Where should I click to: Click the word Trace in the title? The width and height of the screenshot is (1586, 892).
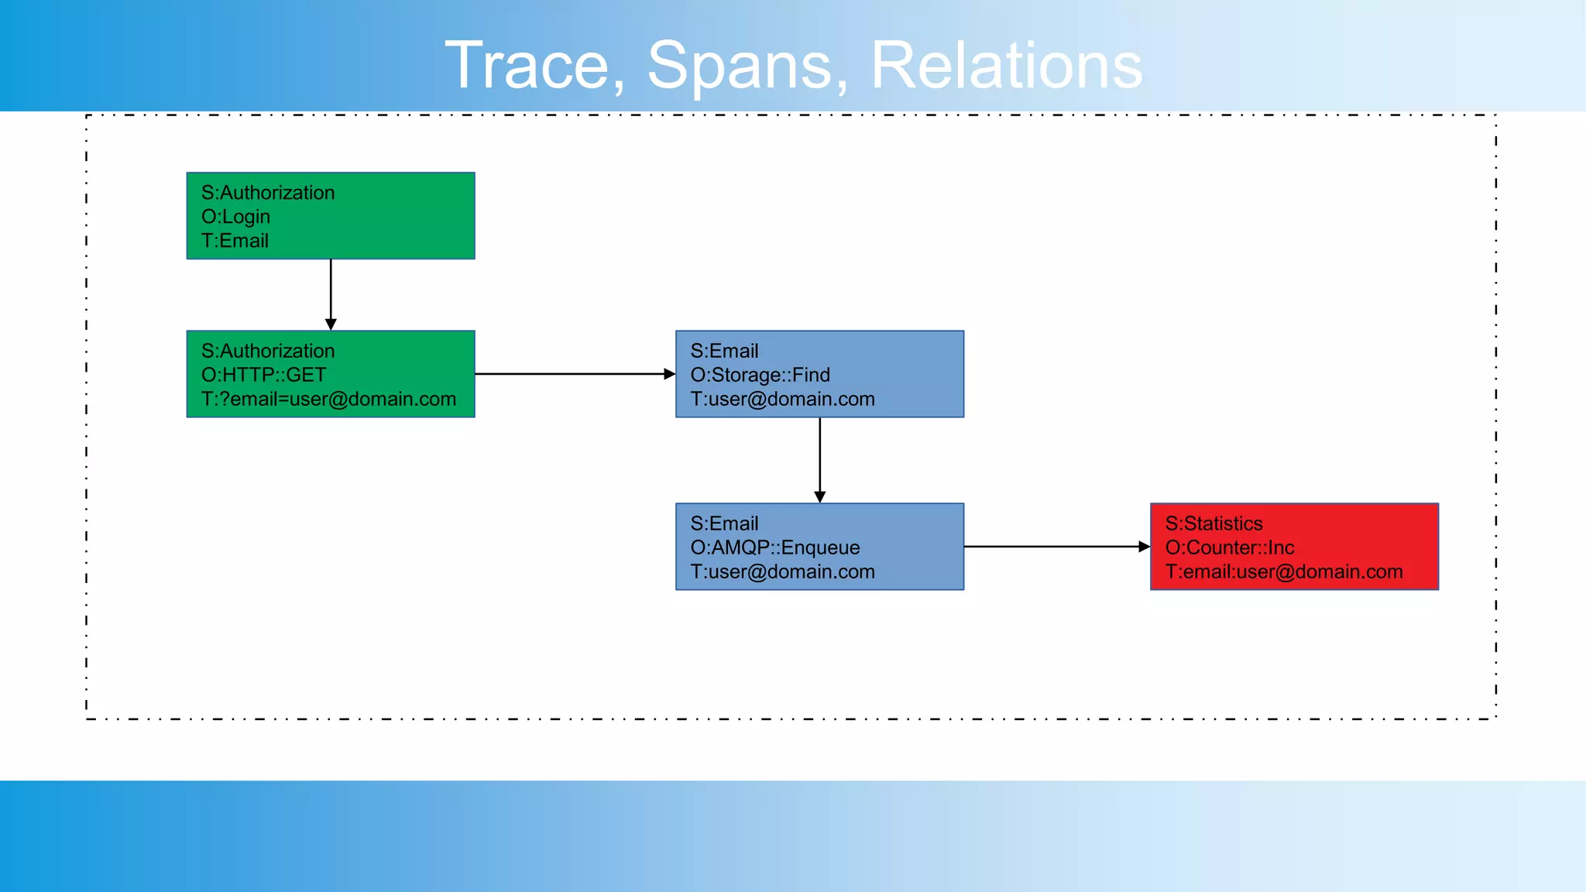click(534, 67)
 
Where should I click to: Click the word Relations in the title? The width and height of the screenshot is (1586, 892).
click(1006, 67)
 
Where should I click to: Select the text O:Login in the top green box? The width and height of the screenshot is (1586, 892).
click(235, 217)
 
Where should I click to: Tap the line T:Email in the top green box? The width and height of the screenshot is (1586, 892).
click(235, 241)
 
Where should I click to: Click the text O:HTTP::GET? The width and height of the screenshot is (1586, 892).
click(263, 375)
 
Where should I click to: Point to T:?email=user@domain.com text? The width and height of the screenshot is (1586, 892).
click(328, 400)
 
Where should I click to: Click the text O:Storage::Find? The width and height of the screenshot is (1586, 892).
click(760, 375)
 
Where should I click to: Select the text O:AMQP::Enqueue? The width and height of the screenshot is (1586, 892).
click(774, 547)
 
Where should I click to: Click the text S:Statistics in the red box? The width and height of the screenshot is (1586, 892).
click(1214, 523)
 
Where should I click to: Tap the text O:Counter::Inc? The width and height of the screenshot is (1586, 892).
click(1229, 547)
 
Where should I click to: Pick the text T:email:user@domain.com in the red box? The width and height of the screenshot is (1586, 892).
click(1283, 572)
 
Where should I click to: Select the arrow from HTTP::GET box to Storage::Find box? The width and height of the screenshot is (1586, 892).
click(573, 374)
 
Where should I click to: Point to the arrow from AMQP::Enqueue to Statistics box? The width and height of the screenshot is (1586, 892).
click(1053, 547)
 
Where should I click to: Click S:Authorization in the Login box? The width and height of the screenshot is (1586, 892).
click(268, 193)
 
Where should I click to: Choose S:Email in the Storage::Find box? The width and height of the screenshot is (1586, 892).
click(724, 351)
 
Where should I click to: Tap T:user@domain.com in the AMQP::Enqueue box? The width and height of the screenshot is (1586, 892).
click(782, 572)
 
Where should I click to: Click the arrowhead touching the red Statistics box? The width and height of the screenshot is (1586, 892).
click(1144, 547)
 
